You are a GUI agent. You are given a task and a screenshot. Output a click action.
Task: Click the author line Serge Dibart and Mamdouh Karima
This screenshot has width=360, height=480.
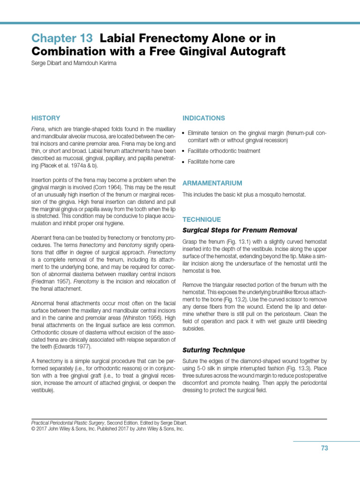74,63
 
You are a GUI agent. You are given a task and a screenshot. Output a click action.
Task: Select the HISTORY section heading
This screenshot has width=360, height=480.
45,118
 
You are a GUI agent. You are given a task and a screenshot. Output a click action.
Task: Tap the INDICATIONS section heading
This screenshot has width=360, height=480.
203,118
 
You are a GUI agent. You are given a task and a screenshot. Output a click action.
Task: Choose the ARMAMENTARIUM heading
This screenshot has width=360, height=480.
212,183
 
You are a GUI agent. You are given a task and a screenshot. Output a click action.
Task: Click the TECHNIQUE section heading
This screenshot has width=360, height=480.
201,219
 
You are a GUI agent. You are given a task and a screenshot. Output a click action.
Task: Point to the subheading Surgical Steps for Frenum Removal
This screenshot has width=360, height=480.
240,230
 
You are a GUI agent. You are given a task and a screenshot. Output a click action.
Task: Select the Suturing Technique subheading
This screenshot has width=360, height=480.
213,350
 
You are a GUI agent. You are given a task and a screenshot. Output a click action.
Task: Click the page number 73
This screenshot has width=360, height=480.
324,448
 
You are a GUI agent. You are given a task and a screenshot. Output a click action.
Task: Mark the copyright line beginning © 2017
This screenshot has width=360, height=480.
107,428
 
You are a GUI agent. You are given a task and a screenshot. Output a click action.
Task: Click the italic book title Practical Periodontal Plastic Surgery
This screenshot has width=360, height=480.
74,422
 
